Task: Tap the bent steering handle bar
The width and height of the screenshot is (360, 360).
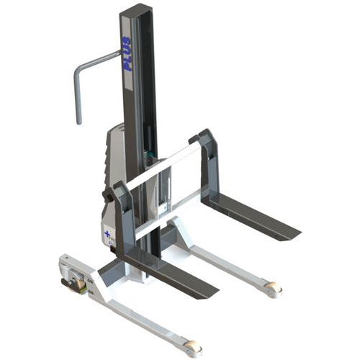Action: tap(93, 62)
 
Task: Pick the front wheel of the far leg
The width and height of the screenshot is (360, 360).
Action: tap(274, 289)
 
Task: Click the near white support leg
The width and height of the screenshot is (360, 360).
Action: tap(137, 310)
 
